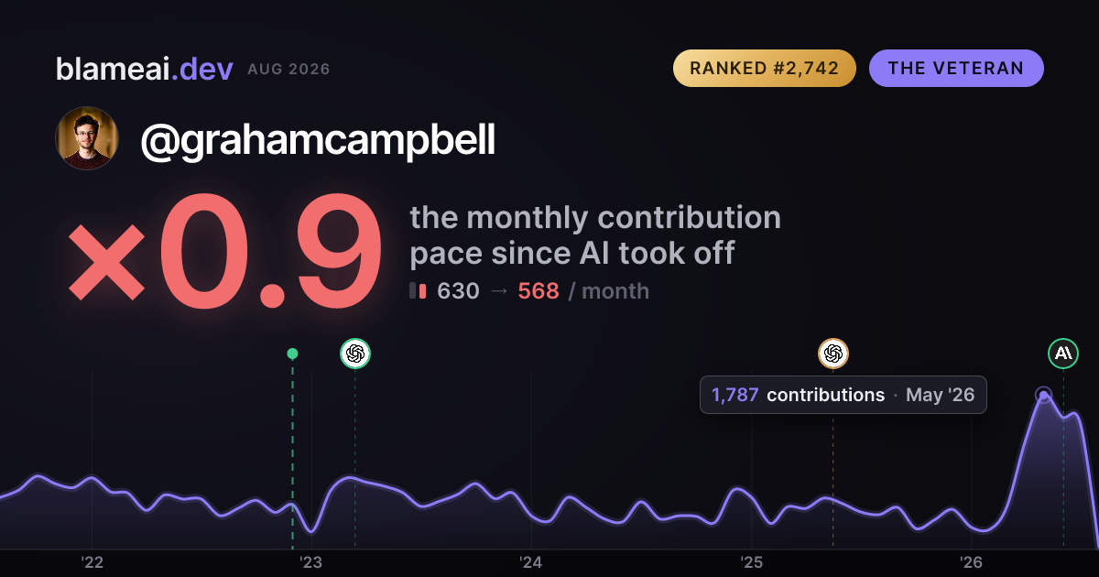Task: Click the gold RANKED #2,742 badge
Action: [765, 68]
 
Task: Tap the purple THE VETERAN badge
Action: [956, 68]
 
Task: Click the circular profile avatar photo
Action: [87, 138]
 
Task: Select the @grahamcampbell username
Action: [318, 140]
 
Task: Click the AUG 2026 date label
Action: [288, 70]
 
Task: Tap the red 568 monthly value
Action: [539, 291]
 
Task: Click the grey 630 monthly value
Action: [458, 291]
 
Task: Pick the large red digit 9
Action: [340, 251]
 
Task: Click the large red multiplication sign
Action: [106, 262]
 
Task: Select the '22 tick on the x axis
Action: [92, 562]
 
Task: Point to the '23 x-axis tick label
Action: [311, 562]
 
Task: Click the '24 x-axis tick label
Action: [531, 562]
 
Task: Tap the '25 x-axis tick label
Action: [751, 562]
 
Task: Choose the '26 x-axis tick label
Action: [971, 562]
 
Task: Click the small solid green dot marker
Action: [292, 354]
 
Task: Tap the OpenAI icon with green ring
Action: [355, 354]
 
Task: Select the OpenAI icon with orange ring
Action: [833, 354]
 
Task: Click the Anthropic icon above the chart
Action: [1063, 354]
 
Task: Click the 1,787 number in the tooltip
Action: [734, 395]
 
